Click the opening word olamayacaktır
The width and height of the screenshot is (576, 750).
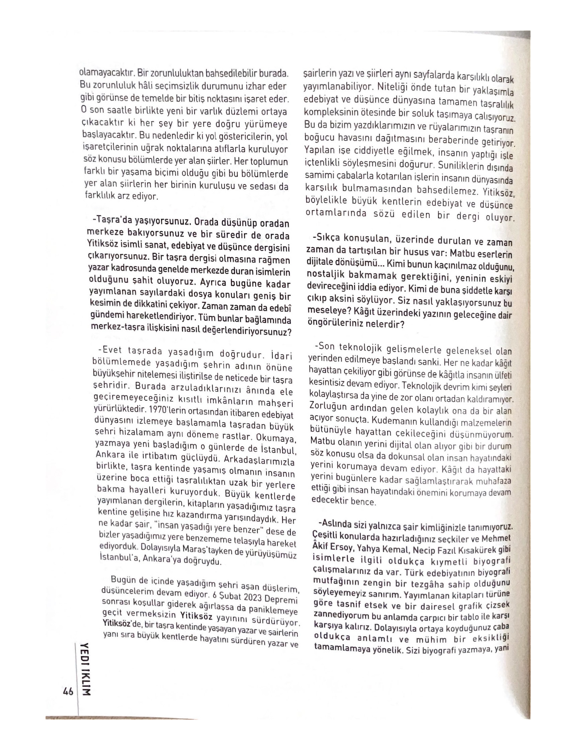[107, 73]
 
